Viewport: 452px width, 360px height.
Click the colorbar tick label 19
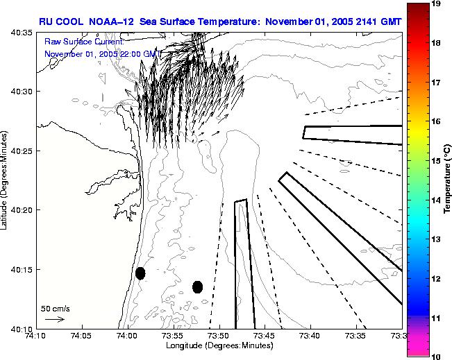[437, 4]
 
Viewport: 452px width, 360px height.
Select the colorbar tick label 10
[437, 356]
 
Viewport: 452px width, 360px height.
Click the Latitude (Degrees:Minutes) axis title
[6, 179]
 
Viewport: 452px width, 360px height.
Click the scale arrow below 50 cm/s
[55, 319]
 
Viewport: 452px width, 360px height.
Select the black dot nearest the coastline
[140, 273]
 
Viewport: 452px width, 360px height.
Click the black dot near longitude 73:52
[197, 286]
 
